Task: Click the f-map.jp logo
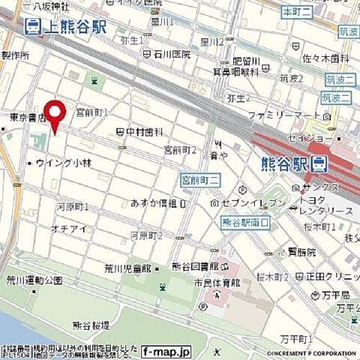[166, 350]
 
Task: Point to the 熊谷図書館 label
[193, 267]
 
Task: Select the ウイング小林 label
[62, 162]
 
